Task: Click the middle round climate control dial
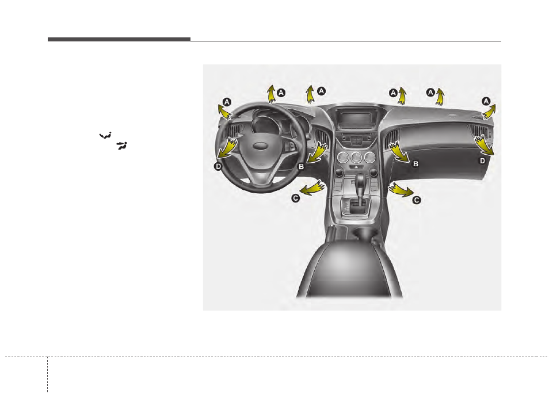pyautogui.click(x=356, y=158)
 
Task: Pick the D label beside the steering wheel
pyautogui.click(x=218, y=166)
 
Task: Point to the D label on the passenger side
pyautogui.click(x=482, y=160)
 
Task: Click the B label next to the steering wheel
pyautogui.click(x=301, y=167)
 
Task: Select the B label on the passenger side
pyautogui.click(x=415, y=163)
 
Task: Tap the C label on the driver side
pyautogui.click(x=296, y=198)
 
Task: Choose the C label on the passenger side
pyautogui.click(x=416, y=200)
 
